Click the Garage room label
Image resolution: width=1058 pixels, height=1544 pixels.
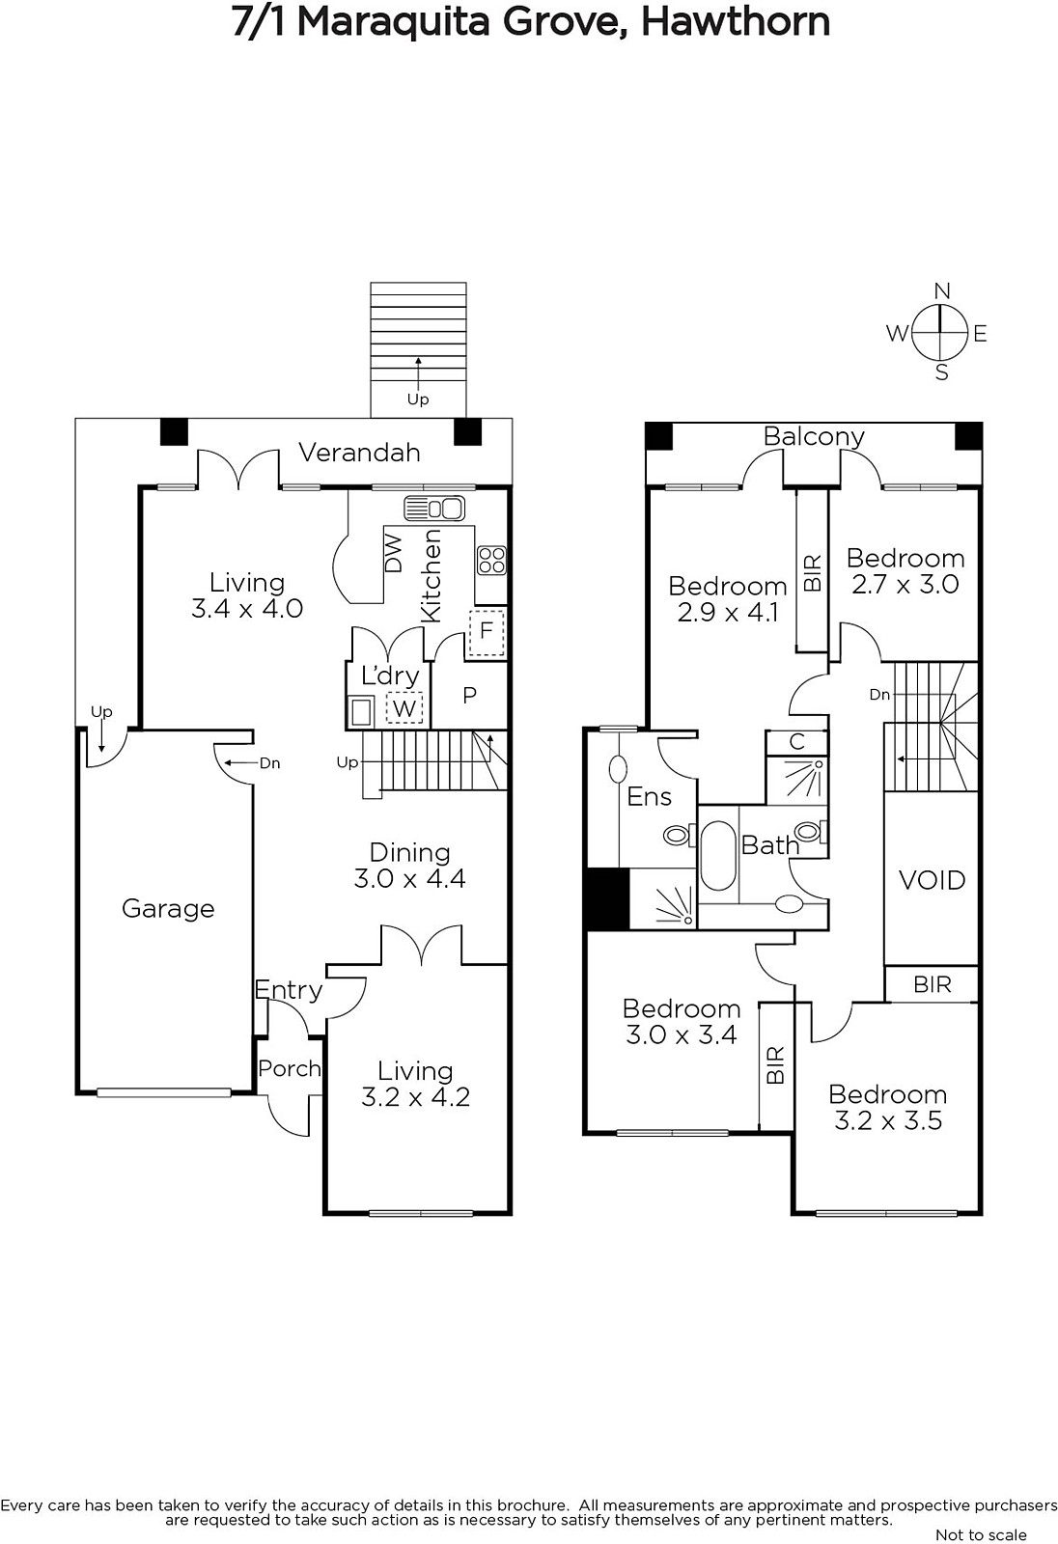click(168, 908)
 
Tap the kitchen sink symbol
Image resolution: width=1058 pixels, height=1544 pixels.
click(434, 509)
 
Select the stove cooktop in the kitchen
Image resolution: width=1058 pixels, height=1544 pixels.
click(491, 560)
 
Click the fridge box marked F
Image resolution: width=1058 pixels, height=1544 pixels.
click(487, 631)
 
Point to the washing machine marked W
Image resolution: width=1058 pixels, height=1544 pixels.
click(404, 708)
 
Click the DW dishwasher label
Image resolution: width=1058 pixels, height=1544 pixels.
click(393, 553)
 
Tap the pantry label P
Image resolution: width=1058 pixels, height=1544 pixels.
click(470, 695)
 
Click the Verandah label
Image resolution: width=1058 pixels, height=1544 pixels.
click(359, 453)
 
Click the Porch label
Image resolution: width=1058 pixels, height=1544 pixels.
click(290, 1068)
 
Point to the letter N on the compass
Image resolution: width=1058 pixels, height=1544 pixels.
click(942, 290)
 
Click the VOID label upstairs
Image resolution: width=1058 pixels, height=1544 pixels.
click(932, 880)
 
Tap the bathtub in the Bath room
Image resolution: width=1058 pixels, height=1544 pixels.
click(718, 855)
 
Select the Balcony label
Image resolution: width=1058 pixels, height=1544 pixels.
click(814, 437)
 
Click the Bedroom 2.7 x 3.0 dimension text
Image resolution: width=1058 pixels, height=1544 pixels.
click(905, 585)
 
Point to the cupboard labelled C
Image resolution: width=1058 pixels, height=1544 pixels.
click(796, 742)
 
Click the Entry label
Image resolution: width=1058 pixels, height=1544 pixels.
click(289, 990)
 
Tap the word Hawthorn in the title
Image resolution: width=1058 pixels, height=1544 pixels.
click(736, 22)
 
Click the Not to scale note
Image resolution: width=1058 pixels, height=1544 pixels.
click(981, 1534)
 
